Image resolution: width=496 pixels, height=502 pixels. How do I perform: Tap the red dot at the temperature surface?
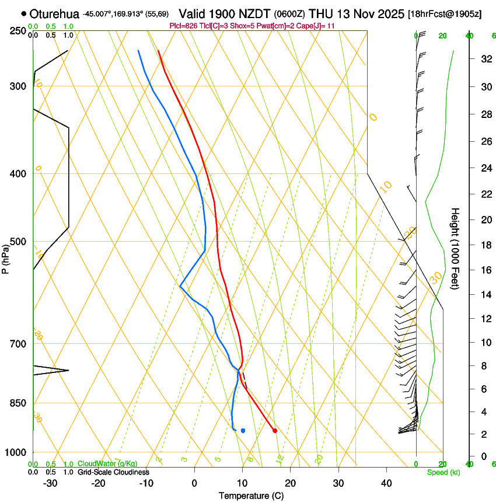[x=275, y=431]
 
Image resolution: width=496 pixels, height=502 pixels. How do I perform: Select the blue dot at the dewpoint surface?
[x=243, y=431]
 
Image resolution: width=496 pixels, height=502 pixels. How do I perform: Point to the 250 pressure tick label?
[x=18, y=30]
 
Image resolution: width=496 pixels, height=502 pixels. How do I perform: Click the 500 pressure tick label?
[x=18, y=242]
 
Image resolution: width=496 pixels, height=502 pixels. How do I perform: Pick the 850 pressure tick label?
[x=18, y=403]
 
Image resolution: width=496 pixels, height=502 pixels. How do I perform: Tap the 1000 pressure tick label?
[x=16, y=452]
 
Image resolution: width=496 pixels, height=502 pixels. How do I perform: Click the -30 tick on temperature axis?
[x=50, y=483]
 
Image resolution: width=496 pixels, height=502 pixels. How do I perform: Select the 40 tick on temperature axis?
[x=386, y=483]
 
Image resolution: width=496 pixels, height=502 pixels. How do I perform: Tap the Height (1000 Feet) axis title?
[x=456, y=249]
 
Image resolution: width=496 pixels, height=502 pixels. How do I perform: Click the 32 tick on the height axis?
[x=484, y=59]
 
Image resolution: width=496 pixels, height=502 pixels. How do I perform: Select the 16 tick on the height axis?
[x=484, y=270]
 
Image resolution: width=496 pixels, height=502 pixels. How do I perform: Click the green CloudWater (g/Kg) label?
[x=107, y=463]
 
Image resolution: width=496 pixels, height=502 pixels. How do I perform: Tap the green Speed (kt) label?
[x=443, y=472]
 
